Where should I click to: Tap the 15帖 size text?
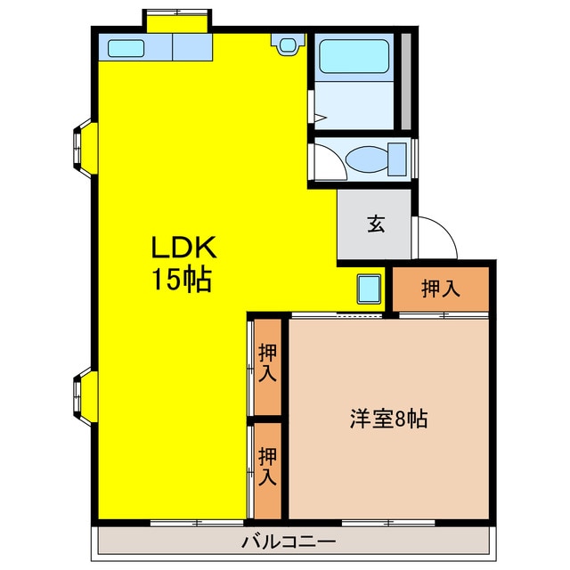tap(182, 281)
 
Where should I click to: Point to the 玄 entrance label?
tap(375, 224)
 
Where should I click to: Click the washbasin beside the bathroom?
tap(287, 44)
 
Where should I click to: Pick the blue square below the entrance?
tap(368, 288)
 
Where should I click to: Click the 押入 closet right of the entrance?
tap(442, 288)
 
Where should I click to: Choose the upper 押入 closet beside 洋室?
tap(267, 363)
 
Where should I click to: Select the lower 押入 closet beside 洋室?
tap(267, 468)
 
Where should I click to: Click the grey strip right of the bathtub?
tap(405, 81)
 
